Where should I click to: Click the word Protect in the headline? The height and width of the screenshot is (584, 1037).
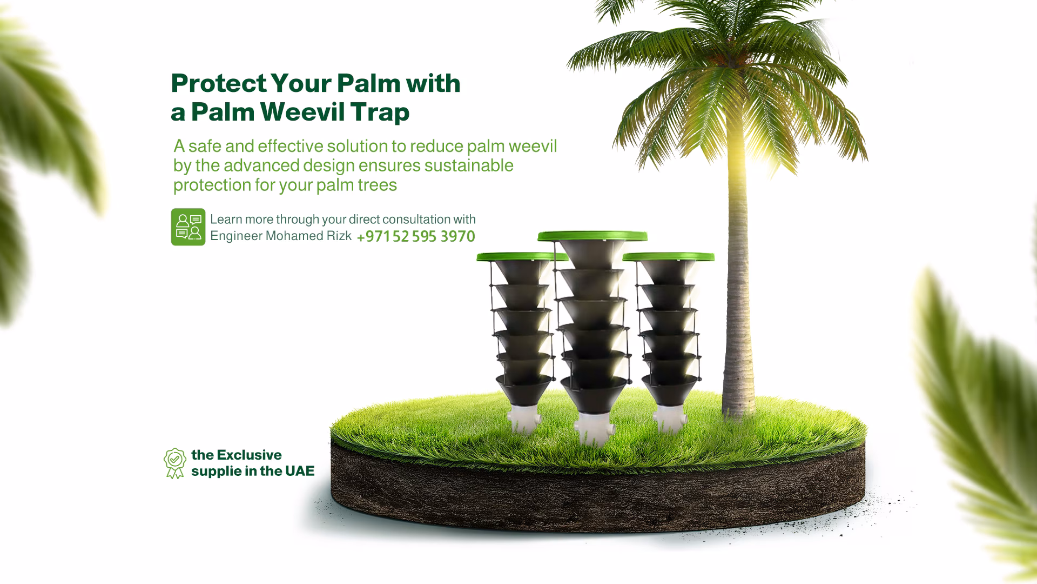click(219, 84)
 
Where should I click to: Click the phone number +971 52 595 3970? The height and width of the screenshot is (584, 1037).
click(416, 236)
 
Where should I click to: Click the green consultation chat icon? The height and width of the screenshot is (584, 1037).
click(188, 227)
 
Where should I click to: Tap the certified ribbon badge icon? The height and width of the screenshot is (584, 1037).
click(174, 463)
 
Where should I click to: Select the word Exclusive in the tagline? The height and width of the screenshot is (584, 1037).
click(249, 455)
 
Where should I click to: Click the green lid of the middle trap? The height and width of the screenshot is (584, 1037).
click(592, 236)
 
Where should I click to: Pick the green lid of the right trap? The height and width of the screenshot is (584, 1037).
click(669, 256)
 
